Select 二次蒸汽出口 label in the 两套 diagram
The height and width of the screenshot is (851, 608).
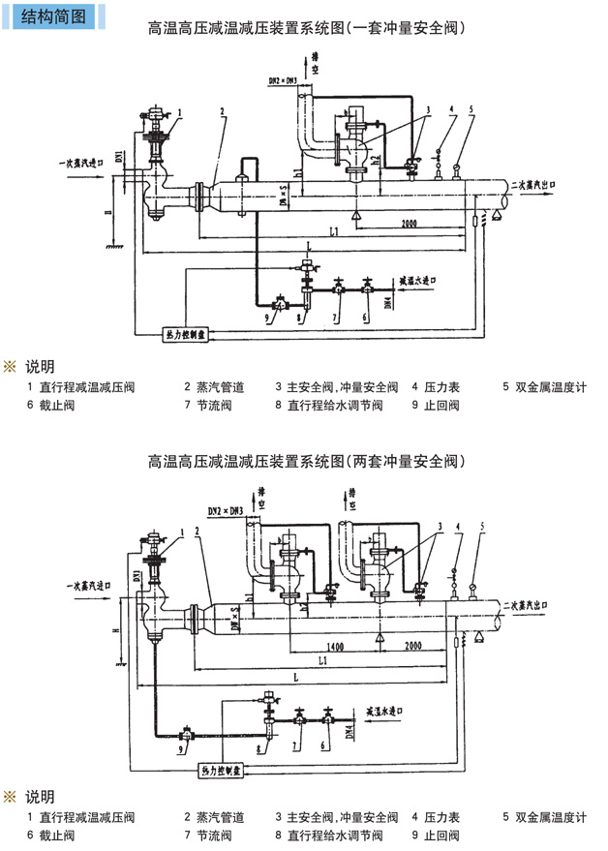click(x=532, y=604)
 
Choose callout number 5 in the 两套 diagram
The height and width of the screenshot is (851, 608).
click(x=482, y=528)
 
